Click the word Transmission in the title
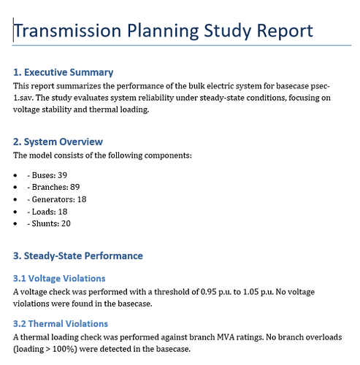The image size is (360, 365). point(67,31)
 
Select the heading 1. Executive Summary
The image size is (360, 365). point(63,72)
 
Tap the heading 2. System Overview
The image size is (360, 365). point(58,142)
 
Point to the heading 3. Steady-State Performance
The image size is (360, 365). point(78,256)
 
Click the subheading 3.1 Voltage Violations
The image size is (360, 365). point(59,278)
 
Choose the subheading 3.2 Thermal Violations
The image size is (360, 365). point(61,324)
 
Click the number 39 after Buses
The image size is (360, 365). point(62,175)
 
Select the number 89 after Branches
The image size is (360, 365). point(75,187)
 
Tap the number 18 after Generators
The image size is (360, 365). point(82,199)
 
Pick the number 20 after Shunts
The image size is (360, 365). point(66,223)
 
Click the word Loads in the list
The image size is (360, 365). point(43,212)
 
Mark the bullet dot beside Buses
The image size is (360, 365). point(15,175)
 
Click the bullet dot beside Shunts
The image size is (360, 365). point(15,223)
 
